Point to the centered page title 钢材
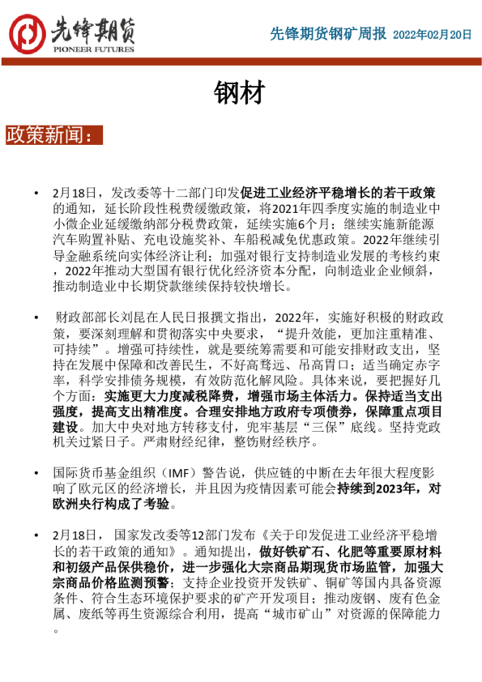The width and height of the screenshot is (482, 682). pyautogui.click(x=240, y=93)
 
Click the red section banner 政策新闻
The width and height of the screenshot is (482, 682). pyautogui.click(x=53, y=134)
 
